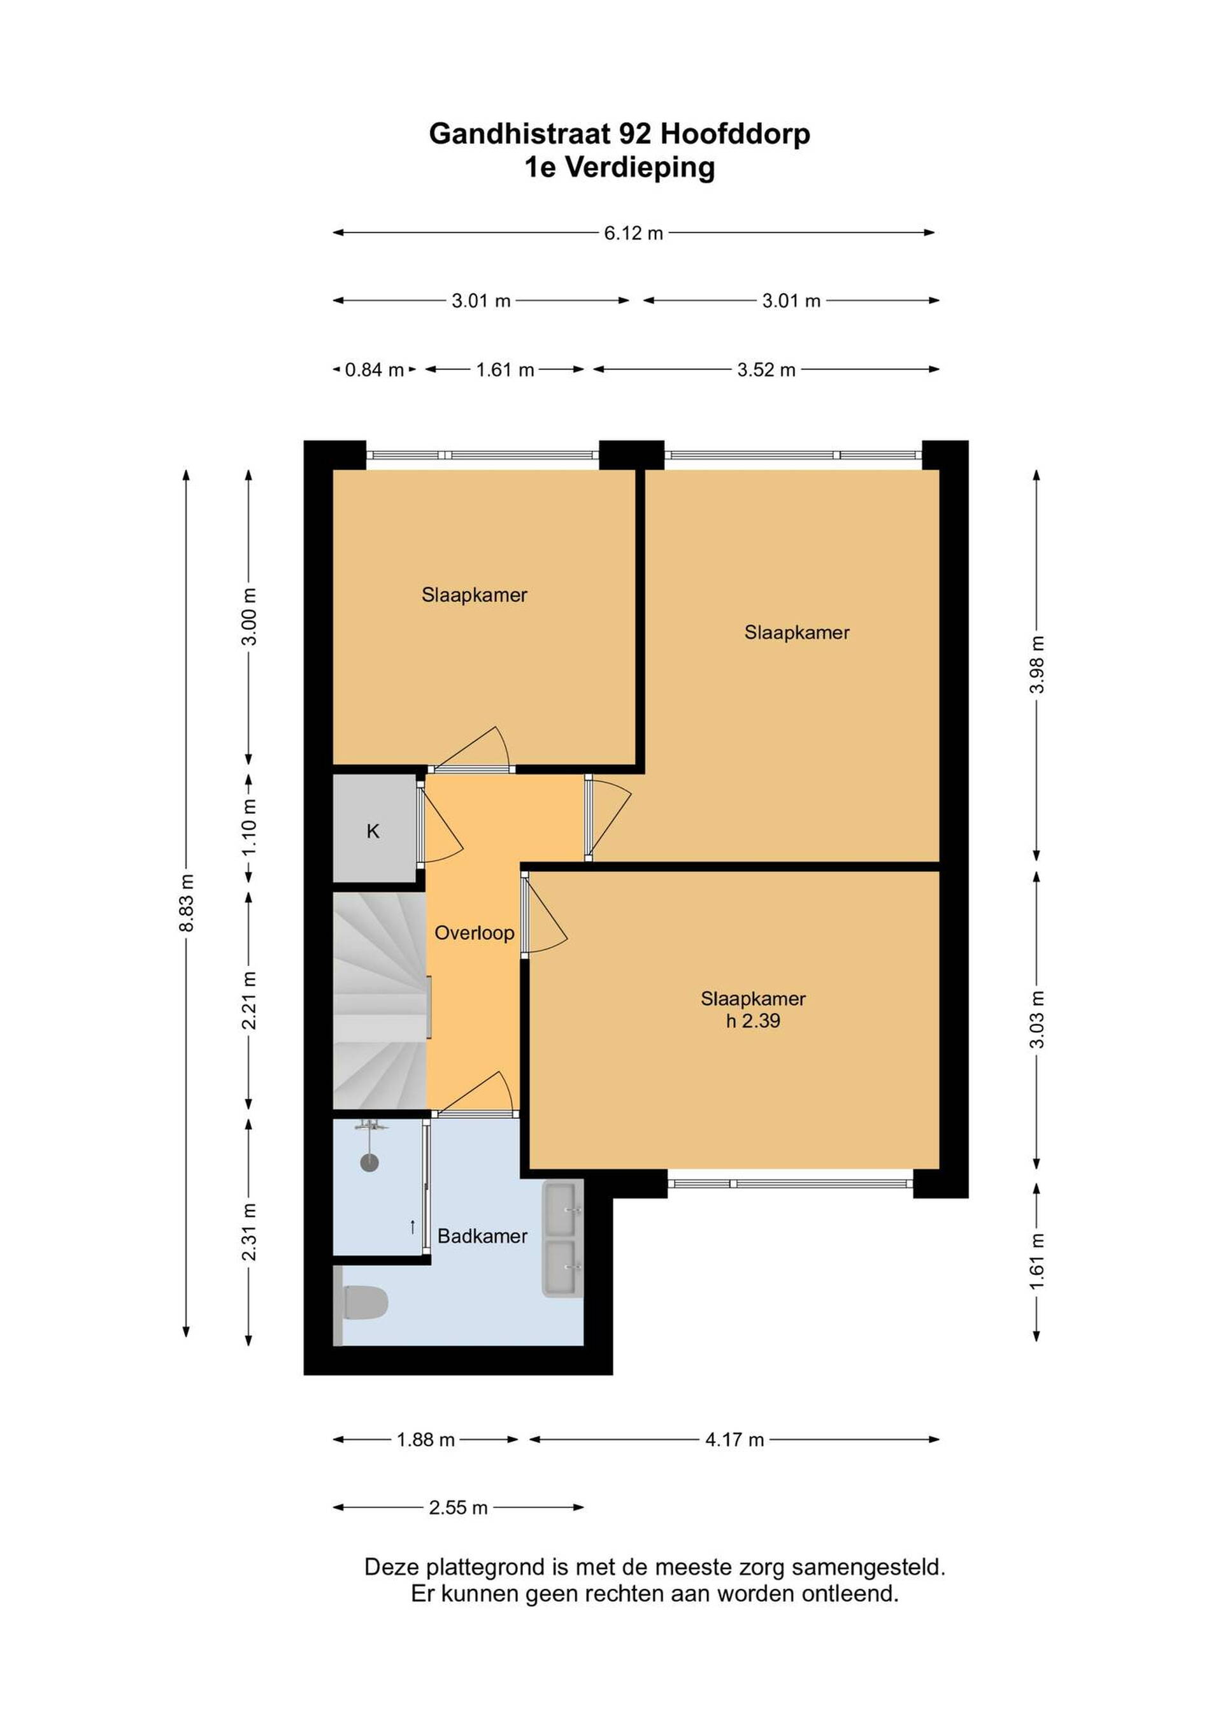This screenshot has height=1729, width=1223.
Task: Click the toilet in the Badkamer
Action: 364,1303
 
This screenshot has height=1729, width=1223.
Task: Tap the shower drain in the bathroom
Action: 369,1163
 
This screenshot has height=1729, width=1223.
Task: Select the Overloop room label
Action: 475,933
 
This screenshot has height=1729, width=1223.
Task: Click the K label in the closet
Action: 373,831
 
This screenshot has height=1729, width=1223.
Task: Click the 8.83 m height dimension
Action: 187,903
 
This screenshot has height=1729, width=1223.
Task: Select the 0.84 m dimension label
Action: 375,370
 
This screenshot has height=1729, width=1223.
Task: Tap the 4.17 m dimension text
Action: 734,1440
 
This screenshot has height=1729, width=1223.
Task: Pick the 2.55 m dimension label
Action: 459,1507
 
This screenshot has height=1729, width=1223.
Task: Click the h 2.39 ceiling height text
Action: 753,1021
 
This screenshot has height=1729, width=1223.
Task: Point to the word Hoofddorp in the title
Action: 735,134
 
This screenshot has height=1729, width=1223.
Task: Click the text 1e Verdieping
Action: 620,168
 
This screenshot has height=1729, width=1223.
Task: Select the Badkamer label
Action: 483,1235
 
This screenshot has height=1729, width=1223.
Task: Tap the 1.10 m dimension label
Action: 249,826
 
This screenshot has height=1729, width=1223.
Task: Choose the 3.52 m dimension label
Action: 767,370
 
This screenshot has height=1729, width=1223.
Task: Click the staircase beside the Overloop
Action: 380,1001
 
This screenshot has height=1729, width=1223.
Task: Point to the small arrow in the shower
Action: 413,1227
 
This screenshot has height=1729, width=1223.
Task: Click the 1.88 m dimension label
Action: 426,1440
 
